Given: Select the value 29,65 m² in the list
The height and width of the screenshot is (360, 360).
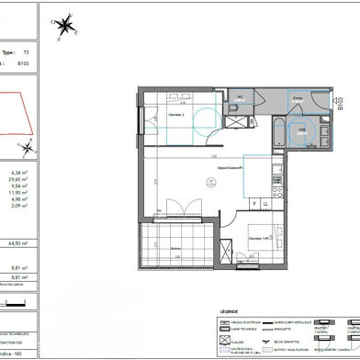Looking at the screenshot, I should click(17, 181).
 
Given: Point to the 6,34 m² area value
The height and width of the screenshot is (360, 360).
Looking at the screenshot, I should click(17, 173).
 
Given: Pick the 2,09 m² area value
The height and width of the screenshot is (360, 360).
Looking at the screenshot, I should click(17, 208).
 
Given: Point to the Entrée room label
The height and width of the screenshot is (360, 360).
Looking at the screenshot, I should click(297, 97).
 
